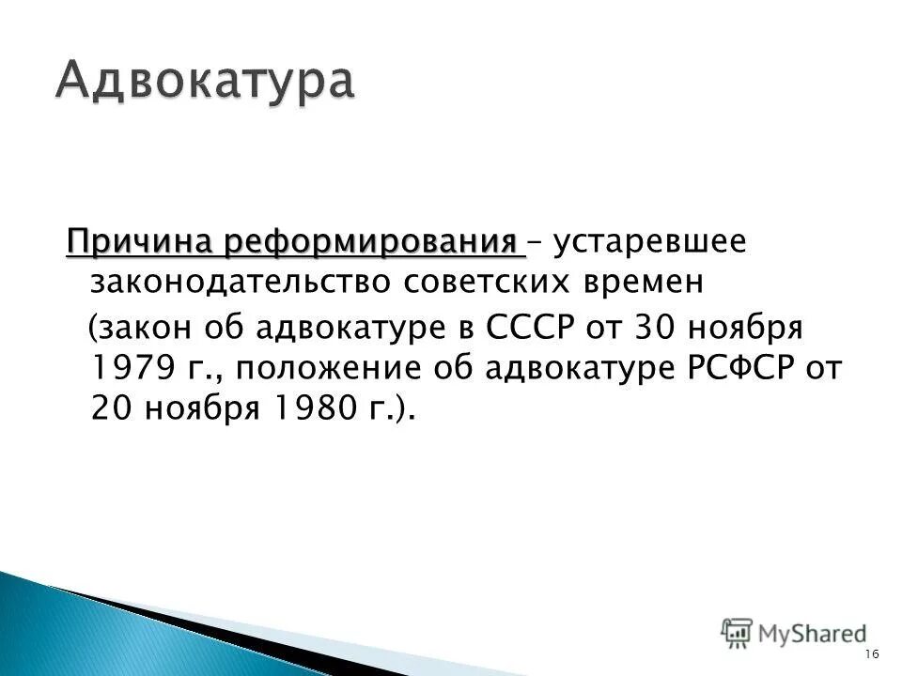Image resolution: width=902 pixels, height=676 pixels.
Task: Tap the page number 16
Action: pos(870,653)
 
